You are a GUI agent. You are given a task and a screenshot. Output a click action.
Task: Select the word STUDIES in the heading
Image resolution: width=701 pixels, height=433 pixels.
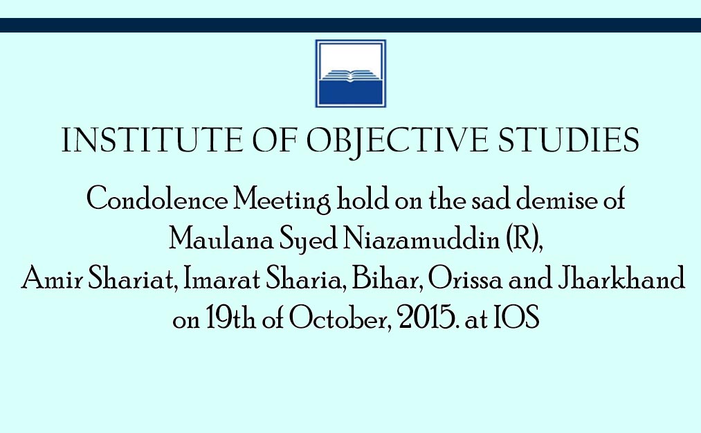pos(568,140)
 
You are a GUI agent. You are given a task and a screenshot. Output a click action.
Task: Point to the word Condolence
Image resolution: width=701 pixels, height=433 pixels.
pos(157,199)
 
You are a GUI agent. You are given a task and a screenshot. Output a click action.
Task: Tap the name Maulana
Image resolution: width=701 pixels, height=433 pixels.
pos(221,239)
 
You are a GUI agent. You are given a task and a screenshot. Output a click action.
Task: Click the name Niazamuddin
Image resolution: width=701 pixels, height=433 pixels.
pos(421,239)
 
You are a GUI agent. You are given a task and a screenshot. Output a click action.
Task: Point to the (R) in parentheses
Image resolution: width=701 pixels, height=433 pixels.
pos(522,239)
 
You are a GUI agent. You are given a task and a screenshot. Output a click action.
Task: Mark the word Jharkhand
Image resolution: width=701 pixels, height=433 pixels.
pos(621,278)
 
